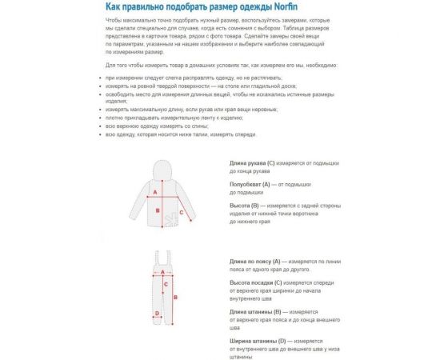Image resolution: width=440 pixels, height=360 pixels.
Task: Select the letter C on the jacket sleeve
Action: [182, 212]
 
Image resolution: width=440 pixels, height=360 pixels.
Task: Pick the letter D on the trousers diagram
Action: [157, 314]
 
